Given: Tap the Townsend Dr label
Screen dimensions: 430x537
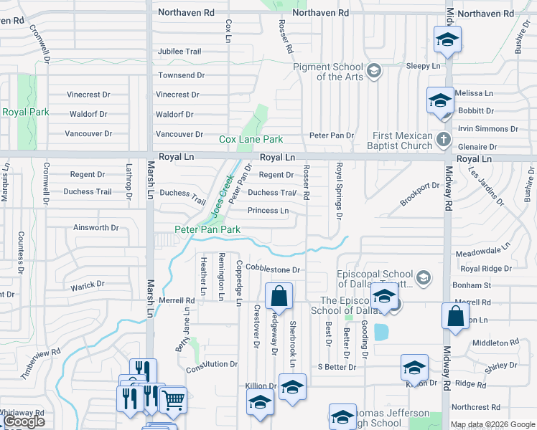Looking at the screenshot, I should tap(177, 75).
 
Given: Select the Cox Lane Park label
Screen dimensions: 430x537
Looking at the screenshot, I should tap(251, 140).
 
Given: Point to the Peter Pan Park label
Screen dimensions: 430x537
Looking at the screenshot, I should tap(207, 229).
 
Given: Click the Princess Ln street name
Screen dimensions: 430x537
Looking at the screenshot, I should tap(268, 211).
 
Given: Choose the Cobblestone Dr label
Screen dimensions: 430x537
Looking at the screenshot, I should tap(272, 269).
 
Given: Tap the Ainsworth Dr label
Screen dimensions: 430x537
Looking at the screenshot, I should tap(95, 228).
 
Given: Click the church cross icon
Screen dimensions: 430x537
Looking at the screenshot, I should tap(444, 138).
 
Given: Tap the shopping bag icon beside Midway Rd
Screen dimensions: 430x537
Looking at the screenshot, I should tap(456, 316).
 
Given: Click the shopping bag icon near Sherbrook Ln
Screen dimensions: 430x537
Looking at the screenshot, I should tap(279, 295).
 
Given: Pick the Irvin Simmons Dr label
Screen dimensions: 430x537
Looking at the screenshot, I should tap(488, 129).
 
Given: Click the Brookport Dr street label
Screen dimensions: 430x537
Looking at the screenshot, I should tap(419, 194).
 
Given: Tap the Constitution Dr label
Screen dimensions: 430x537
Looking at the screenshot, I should tap(211, 365).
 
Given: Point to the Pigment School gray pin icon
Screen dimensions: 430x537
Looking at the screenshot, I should tap(373, 70).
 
